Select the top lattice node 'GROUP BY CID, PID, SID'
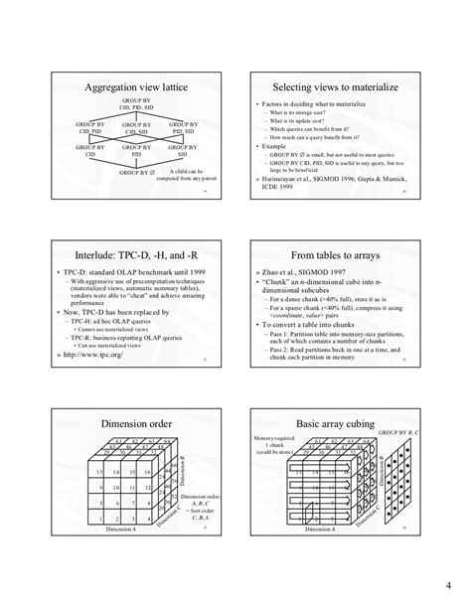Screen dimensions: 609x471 (136, 105)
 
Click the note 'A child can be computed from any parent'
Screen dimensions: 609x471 (182, 176)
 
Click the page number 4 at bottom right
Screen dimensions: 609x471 (447, 582)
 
